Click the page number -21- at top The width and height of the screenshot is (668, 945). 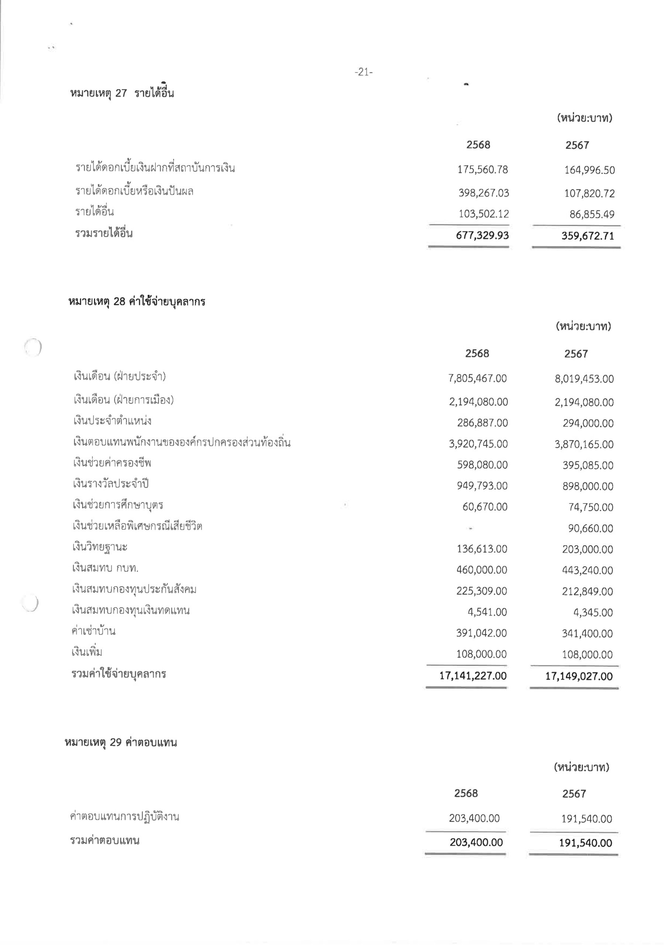point(363,72)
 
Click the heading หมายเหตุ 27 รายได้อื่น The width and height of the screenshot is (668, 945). point(122,93)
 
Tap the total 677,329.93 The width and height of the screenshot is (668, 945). point(482,236)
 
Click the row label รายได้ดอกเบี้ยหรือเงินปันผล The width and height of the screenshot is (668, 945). point(134,191)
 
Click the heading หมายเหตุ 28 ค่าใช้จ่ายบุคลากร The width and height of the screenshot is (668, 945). point(136,302)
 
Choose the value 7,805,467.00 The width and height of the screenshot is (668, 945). point(477,378)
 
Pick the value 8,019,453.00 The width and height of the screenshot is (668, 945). point(584,379)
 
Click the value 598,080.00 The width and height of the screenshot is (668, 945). point(482,465)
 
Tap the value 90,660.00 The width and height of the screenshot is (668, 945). point(590,529)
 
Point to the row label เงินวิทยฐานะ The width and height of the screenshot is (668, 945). point(100,547)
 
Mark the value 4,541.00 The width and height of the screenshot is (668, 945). point(487,612)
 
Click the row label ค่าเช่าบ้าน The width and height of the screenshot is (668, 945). point(93,631)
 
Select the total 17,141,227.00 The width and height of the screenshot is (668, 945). point(473,676)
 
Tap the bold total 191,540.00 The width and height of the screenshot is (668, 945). point(585,842)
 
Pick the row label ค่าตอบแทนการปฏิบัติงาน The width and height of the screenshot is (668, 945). point(125,817)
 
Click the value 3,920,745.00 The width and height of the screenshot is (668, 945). point(478,444)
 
